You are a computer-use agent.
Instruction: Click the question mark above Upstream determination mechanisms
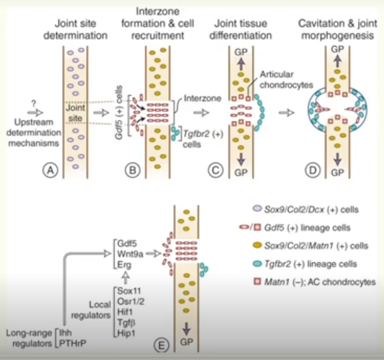coord(33,102)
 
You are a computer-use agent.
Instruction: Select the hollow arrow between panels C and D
coord(285,113)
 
